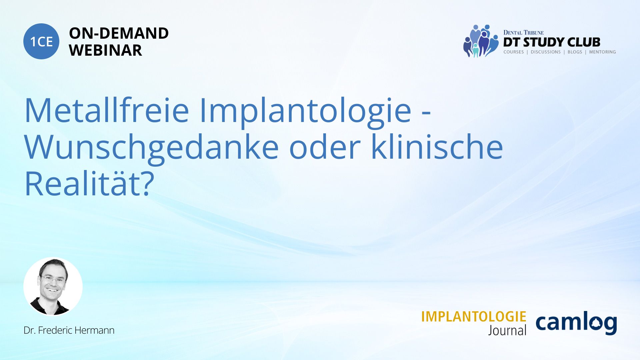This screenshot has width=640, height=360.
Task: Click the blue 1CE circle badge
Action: click(x=41, y=41)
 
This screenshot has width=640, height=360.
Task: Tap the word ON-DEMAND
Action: click(x=119, y=33)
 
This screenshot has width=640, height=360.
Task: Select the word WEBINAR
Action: click(x=105, y=50)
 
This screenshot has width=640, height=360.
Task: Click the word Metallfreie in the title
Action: click(x=107, y=110)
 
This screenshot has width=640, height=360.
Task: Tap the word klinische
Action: click(x=437, y=147)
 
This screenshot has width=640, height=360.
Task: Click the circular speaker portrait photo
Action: click(x=53, y=286)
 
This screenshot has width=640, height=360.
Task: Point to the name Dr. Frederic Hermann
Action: click(x=69, y=330)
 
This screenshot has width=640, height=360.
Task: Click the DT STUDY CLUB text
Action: click(x=552, y=42)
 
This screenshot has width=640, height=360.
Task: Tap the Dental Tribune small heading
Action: click(x=523, y=32)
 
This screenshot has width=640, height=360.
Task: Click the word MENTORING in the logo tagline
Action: click(x=602, y=52)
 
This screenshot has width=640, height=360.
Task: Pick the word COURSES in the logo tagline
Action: click(x=513, y=52)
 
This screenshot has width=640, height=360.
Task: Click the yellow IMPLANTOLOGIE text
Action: click(x=474, y=317)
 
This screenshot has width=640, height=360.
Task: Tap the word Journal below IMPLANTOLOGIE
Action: click(x=507, y=330)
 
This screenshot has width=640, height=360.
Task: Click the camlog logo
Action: click(x=576, y=323)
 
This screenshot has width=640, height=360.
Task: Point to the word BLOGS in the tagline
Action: click(x=575, y=52)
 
